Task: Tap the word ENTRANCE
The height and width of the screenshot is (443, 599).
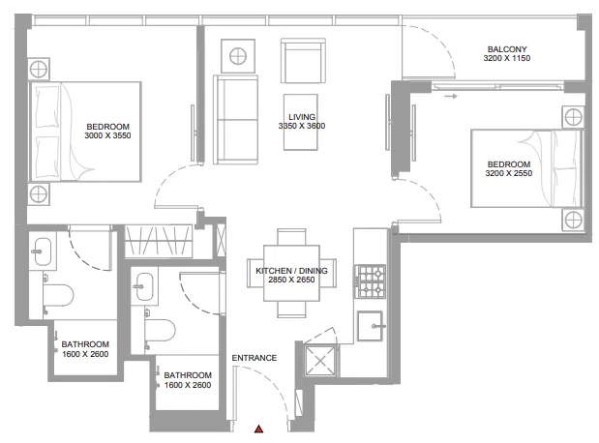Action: pyautogui.click(x=255, y=358)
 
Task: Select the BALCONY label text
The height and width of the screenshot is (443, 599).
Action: pyautogui.click(x=506, y=48)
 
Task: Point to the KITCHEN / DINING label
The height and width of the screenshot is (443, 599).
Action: pyautogui.click(x=291, y=271)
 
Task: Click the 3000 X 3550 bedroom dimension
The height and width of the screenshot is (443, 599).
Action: pyautogui.click(x=107, y=136)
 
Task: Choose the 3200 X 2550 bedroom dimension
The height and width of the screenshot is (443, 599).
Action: pyautogui.click(x=509, y=174)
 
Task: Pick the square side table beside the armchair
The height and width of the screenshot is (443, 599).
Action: pyautogui.click(x=236, y=54)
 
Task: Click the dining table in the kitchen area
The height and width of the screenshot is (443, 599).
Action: pyautogui.click(x=291, y=274)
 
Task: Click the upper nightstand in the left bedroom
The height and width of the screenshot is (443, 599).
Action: pyautogui.click(x=38, y=68)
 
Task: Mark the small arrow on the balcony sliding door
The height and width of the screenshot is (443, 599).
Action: pyautogui.click(x=449, y=96)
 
